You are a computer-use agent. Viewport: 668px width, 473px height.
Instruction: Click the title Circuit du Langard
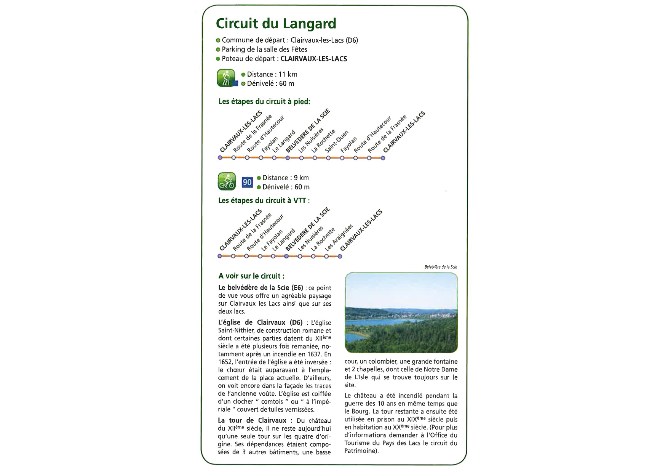pyautogui.click(x=276, y=24)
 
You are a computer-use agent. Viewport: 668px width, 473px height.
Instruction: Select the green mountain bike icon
pyautogui.click(x=227, y=181)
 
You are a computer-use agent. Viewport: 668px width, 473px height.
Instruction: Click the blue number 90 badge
pyautogui.click(x=247, y=183)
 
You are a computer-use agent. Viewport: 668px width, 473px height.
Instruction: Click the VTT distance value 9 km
pyautogui.click(x=301, y=178)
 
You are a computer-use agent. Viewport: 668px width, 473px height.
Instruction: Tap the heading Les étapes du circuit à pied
pyautogui.click(x=264, y=101)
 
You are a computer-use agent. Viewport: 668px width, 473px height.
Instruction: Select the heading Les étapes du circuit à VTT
pyautogui.click(x=264, y=200)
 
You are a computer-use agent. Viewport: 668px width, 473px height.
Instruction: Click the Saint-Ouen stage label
pyautogui.click(x=337, y=141)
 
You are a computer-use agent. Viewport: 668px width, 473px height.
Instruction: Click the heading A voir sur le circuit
pyautogui.click(x=251, y=276)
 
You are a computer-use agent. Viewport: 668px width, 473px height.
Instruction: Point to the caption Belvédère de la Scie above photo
pyautogui.click(x=441, y=267)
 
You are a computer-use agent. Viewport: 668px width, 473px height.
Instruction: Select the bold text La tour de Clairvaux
pyautogui.click(x=252, y=420)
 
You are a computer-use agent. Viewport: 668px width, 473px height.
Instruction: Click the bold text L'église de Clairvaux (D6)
pyautogui.click(x=260, y=322)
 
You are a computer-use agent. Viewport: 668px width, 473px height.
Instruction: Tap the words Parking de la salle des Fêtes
pyautogui.click(x=264, y=49)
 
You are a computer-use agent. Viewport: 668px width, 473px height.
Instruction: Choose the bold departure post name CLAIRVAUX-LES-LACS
pyautogui.click(x=314, y=59)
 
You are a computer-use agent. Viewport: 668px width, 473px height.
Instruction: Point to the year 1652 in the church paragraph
pyautogui.click(x=225, y=362)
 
